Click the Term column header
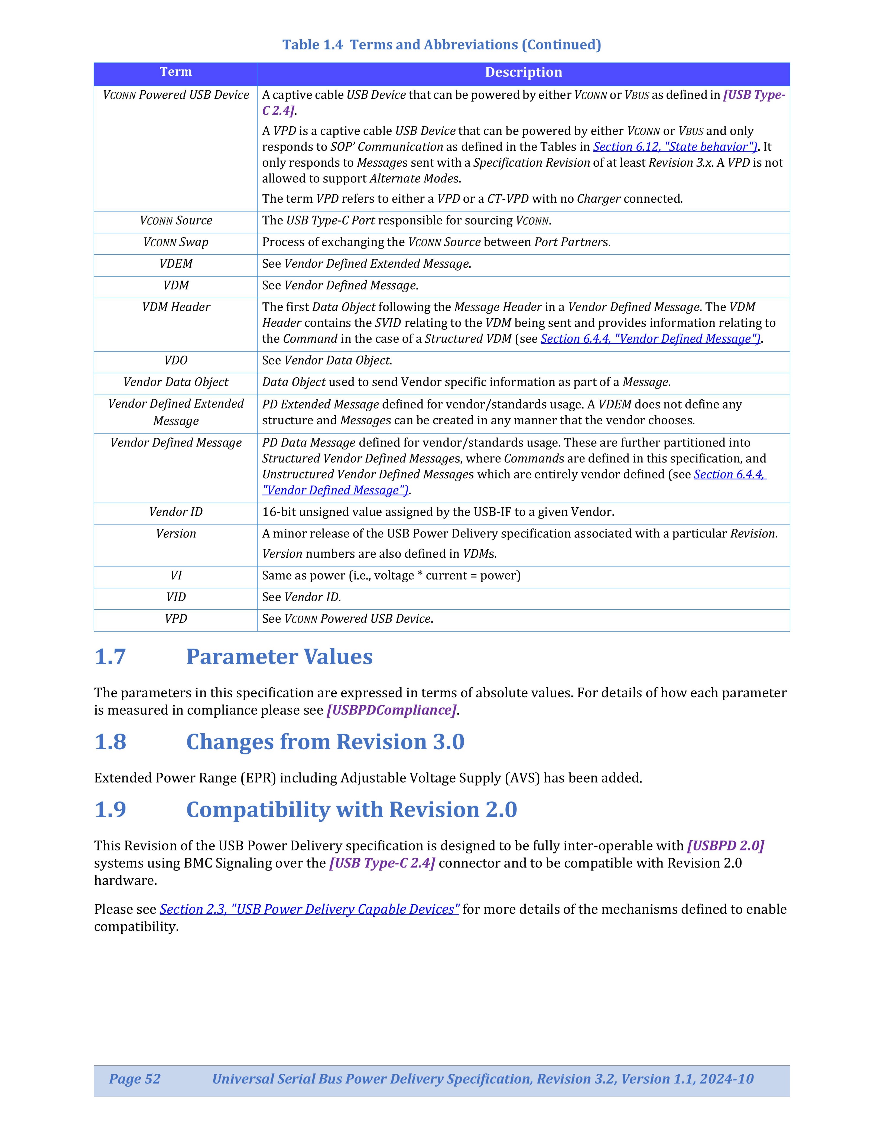click(175, 72)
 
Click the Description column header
click(523, 72)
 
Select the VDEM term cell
click(175, 264)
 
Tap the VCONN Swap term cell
click(175, 242)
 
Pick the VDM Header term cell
click(175, 307)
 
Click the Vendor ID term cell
click(175, 512)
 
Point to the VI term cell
click(175, 576)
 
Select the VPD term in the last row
click(175, 619)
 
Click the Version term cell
click(175, 534)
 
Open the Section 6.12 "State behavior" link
click(675, 147)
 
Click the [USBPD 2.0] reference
click(725, 846)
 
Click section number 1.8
click(110, 742)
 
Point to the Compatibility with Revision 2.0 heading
click(351, 810)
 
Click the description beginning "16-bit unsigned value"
click(438, 512)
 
